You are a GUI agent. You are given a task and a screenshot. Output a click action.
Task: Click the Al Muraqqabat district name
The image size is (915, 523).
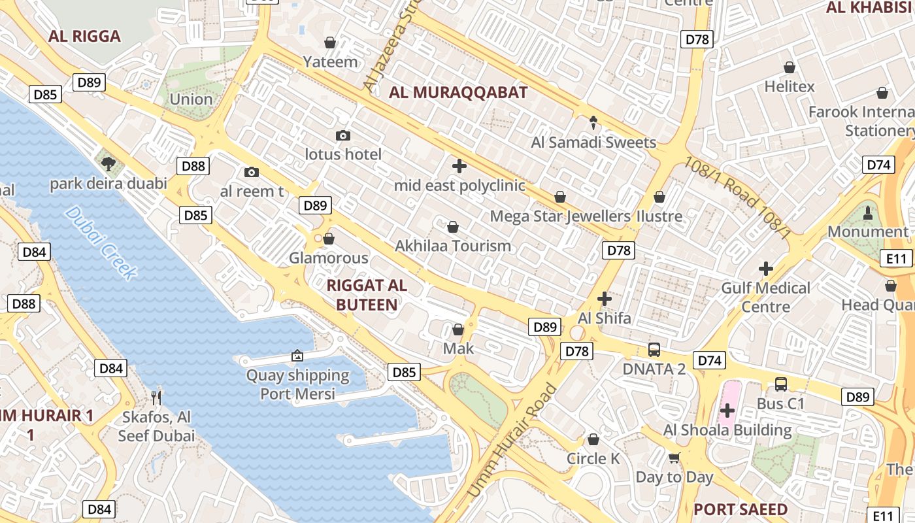[457, 93]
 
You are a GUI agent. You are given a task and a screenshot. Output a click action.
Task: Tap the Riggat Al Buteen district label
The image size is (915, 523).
[366, 295]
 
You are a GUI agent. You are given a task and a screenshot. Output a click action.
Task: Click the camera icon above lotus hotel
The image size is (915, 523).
[343, 135]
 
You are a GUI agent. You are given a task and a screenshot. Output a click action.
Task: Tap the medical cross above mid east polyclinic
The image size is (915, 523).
[459, 166]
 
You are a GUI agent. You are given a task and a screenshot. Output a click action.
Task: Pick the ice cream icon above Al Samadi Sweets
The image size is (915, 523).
[593, 122]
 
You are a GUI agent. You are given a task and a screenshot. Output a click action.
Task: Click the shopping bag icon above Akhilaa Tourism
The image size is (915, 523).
[452, 227]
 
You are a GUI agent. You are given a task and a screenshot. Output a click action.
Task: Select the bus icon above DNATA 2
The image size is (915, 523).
[654, 350]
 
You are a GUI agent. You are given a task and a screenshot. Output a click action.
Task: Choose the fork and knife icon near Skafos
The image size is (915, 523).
[156, 397]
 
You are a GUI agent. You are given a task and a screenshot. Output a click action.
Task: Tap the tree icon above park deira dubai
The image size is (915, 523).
[108, 164]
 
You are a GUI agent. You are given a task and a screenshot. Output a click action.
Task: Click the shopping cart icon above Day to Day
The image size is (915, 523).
[674, 458]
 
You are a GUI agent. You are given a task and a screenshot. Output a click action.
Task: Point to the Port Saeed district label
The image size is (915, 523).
[740, 509]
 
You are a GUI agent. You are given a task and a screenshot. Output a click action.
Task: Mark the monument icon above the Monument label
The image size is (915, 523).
[868, 212]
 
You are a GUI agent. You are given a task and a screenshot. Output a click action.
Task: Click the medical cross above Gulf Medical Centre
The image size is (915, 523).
[765, 268]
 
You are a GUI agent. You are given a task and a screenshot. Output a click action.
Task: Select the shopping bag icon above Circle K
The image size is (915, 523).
[593, 439]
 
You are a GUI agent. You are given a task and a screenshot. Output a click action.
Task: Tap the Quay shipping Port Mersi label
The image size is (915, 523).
[297, 384]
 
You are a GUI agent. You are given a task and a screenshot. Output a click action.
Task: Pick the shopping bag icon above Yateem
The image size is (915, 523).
[331, 42]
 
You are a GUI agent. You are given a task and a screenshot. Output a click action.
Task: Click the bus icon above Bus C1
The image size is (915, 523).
[780, 384]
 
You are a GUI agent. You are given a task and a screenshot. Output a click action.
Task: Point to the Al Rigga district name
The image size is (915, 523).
[84, 36]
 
